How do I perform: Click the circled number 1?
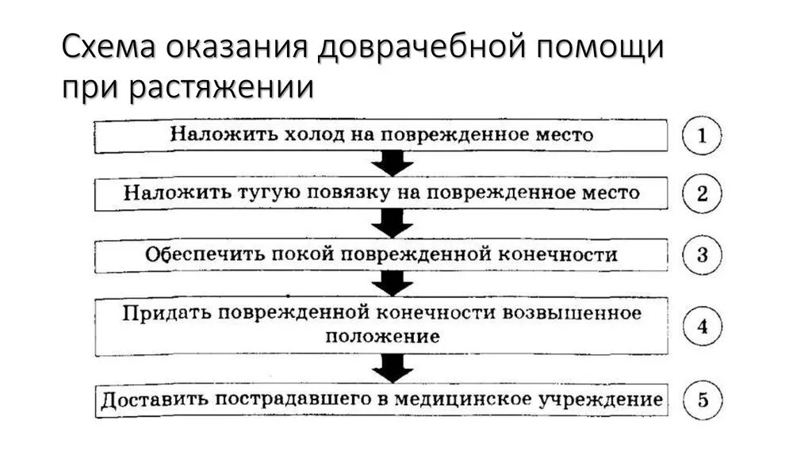702,136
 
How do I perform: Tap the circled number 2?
702,194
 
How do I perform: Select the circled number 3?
702,255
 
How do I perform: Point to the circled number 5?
702,401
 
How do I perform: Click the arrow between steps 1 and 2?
393,164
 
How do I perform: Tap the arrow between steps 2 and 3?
393,224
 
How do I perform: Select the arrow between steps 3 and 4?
393,283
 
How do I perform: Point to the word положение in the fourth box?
382,335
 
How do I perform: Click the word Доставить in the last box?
154,400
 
